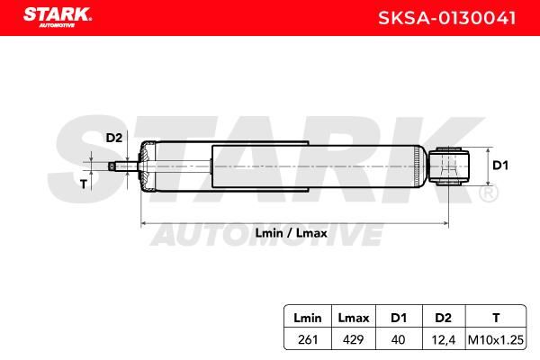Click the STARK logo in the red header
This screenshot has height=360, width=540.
point(58,17)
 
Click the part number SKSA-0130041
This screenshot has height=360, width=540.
point(447,18)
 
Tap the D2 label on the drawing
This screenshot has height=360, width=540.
point(114,138)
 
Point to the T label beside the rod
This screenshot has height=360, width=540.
point(84,184)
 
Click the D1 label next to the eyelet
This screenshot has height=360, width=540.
point(500,166)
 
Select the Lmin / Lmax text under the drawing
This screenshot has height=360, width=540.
point(291,233)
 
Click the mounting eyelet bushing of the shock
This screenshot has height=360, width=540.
point(449,166)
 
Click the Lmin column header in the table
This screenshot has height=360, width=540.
point(308,318)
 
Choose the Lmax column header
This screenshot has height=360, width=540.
point(354,318)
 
